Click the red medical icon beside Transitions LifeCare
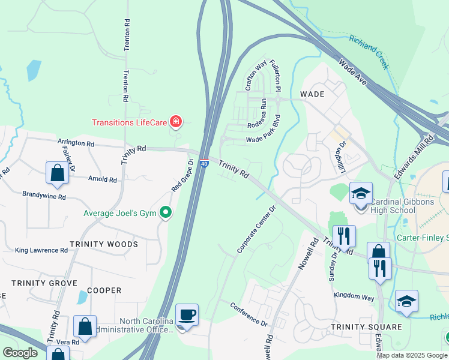[176, 122]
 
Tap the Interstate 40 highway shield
[204, 163]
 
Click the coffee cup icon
[187, 314]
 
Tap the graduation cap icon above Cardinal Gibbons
[361, 193]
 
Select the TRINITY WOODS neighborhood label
[103, 244]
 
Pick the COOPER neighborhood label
[104, 290]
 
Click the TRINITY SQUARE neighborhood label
[358, 326]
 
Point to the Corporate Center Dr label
[256, 229]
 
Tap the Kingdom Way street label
[354, 296]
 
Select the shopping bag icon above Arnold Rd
[57, 173]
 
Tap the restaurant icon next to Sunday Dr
[343, 235]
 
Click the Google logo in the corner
[20, 353]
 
